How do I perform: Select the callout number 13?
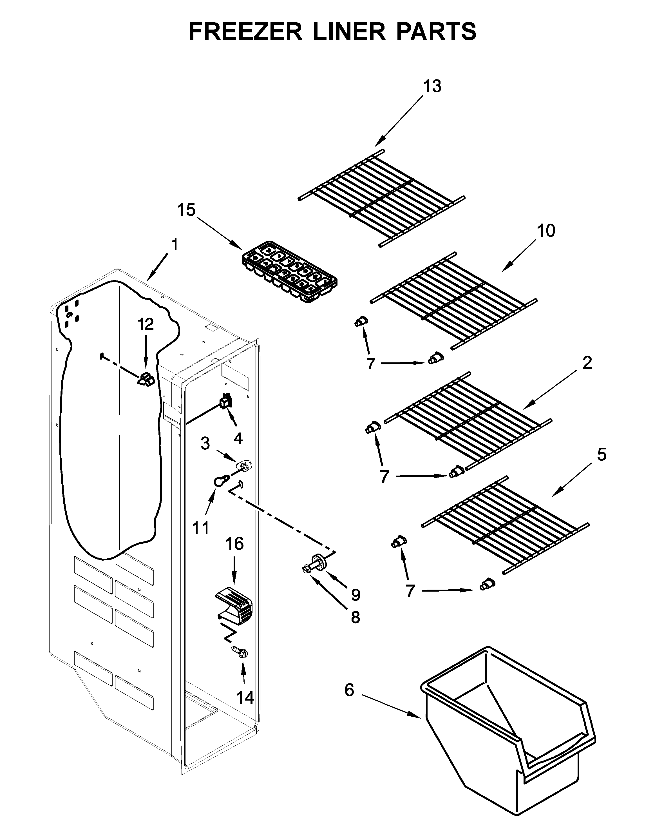432,87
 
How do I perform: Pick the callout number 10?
545,231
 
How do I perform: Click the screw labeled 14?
240,652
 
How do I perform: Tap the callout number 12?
146,324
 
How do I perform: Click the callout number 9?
356,594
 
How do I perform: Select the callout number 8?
356,618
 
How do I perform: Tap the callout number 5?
602,454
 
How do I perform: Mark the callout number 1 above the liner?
175,245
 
